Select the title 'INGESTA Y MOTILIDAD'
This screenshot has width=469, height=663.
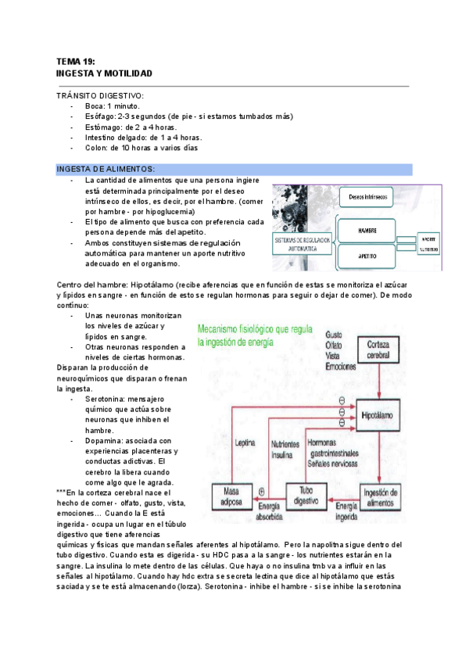click(x=104, y=73)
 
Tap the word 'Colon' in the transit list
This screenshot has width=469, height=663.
click(x=95, y=147)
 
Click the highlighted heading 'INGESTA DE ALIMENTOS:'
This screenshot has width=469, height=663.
click(x=106, y=169)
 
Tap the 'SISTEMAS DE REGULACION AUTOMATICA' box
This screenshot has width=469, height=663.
click(x=301, y=245)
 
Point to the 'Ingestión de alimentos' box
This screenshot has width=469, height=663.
click(x=383, y=496)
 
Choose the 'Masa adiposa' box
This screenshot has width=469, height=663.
click(x=230, y=495)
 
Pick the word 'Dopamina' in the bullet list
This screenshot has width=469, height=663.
click(x=104, y=440)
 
